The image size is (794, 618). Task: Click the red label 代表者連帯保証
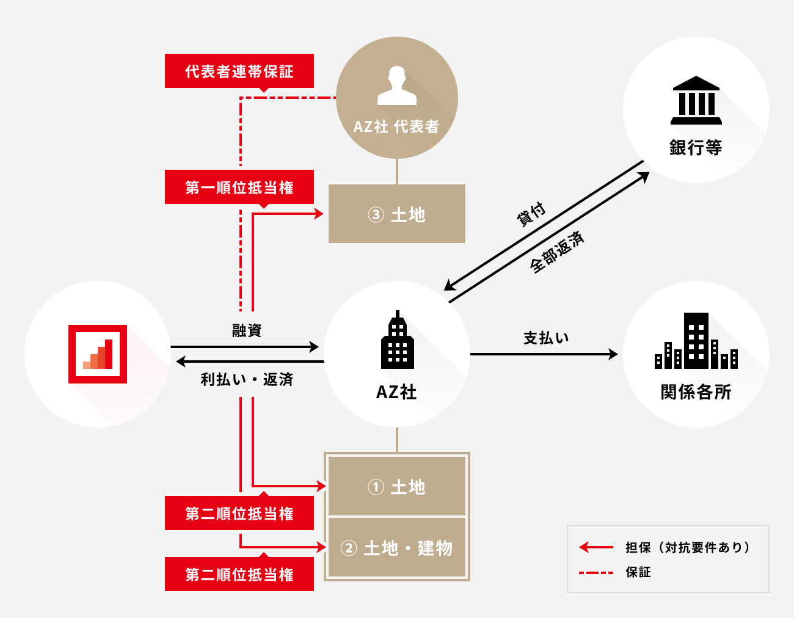click(x=239, y=71)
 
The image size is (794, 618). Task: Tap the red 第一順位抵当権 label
click(x=239, y=187)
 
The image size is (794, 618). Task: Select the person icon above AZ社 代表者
click(x=397, y=85)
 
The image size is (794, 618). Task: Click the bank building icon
click(x=696, y=100)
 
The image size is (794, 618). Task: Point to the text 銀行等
click(x=696, y=148)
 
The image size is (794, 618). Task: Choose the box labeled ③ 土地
click(x=397, y=214)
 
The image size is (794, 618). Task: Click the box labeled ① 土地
click(x=397, y=487)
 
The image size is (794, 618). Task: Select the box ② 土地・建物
click(x=397, y=548)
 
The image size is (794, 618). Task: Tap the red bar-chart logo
click(x=98, y=354)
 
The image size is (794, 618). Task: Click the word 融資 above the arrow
click(x=247, y=330)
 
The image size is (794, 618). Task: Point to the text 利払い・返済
click(x=247, y=380)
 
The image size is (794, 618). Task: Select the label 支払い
click(x=546, y=338)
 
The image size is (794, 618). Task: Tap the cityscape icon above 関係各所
click(x=696, y=341)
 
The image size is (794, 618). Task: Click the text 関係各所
click(x=696, y=392)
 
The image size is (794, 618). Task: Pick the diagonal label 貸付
click(x=531, y=214)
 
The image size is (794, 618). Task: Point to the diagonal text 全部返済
click(x=556, y=252)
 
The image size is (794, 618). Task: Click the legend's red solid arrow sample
click(x=595, y=547)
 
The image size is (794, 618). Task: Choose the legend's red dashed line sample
click(x=595, y=573)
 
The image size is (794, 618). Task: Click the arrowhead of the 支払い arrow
click(x=613, y=354)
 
